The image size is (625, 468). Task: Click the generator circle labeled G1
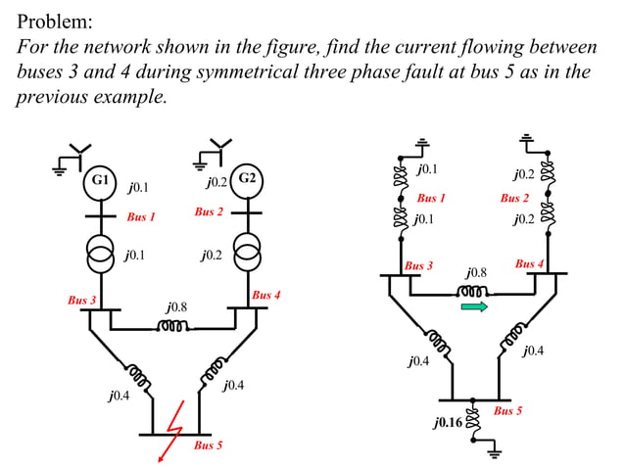coord(99,181)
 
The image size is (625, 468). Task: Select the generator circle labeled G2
coord(247,179)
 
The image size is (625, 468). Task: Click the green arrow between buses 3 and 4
coord(474,306)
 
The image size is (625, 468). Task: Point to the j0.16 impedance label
coord(449,423)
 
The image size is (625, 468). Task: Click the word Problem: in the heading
coord(56,21)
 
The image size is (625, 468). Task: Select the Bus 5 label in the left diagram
coord(208,446)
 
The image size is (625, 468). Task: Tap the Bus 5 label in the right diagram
coord(506,411)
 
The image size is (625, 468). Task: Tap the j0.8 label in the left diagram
coord(176,307)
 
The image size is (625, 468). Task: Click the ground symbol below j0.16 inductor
coord(492,451)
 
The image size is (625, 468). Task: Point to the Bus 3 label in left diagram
coord(81,300)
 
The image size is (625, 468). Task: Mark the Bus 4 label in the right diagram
coord(529,264)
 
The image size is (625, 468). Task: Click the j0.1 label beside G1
coord(138,185)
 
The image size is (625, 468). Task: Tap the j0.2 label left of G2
coord(216,182)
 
